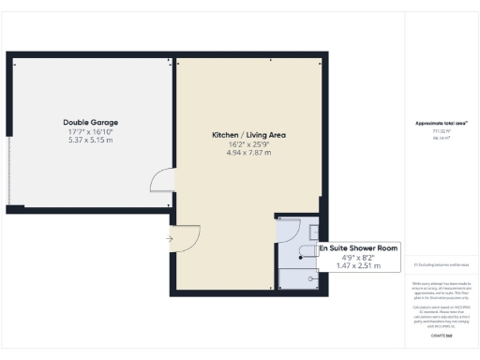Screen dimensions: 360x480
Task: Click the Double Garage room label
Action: pos(90,123)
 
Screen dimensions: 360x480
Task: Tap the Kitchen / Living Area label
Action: pos(248,136)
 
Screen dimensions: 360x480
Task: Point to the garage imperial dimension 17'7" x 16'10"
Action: pos(90,132)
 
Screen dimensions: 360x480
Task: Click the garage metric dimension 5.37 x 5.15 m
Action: pos(90,140)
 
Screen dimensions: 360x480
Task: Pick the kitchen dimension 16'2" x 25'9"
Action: pos(248,145)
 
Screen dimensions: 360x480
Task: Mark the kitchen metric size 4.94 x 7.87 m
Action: pos(248,153)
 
